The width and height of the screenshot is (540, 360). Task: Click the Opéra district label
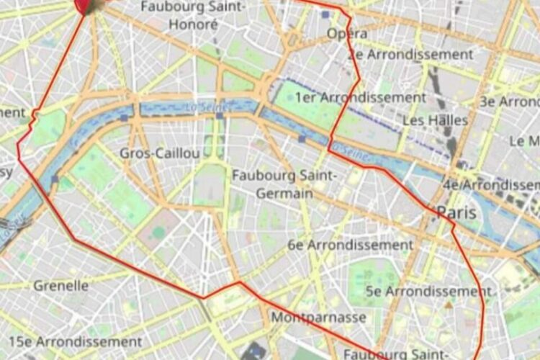click(347, 34)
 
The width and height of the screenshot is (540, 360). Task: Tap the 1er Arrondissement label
click(361, 97)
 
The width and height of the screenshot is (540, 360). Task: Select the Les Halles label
click(435, 120)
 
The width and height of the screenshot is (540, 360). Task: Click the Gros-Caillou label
click(160, 153)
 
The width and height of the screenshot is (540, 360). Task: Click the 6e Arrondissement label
click(351, 245)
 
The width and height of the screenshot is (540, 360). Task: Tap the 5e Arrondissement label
click(428, 292)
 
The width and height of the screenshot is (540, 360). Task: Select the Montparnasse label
click(318, 318)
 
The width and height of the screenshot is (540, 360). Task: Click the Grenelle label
click(61, 286)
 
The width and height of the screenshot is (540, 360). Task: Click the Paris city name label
click(456, 213)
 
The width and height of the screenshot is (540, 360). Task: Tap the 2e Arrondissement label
click(410, 55)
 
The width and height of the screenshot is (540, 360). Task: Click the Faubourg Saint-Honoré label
click(193, 15)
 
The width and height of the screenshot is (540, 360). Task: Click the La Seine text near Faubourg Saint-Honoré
click(209, 107)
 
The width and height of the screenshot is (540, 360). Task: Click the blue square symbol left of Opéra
click(326, 14)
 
